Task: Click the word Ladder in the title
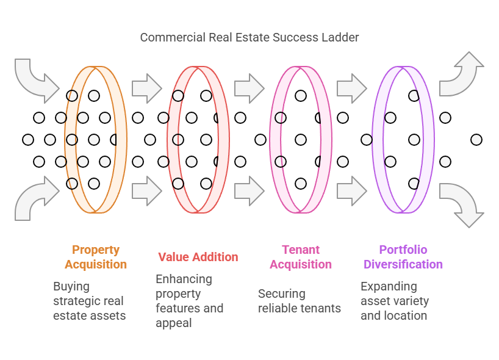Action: click(x=340, y=37)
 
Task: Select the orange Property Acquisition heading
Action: click(x=96, y=257)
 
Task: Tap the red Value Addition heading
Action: click(x=198, y=257)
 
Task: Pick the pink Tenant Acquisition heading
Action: click(x=301, y=257)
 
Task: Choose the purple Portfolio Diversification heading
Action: click(x=403, y=257)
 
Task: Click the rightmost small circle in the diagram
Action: click(x=476, y=140)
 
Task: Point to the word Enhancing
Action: click(x=184, y=279)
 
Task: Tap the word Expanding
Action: click(x=389, y=286)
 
